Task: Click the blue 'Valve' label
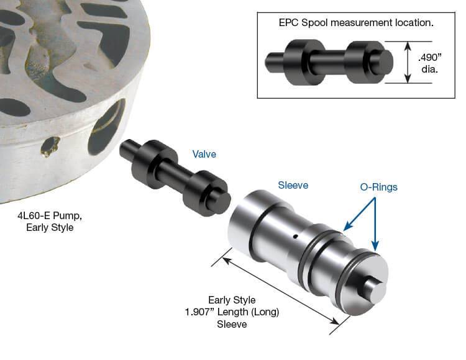coord(204,154)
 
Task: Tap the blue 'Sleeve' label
coord(293,185)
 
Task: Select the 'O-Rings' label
coord(378,187)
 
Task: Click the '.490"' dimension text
coord(430,57)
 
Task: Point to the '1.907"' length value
coord(199,312)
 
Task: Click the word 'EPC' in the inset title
coord(288,22)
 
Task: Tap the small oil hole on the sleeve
coord(295,236)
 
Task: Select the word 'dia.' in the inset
coord(429,70)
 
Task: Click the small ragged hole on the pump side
coord(50,146)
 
